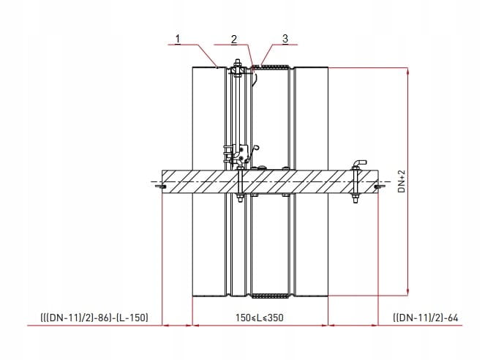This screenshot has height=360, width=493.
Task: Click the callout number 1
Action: coord(178,40)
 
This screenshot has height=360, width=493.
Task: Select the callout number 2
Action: coord(233,40)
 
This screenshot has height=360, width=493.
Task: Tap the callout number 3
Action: coord(285,39)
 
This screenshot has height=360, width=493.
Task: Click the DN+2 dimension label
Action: coord(402,181)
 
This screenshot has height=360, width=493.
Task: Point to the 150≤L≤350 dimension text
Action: coord(260,318)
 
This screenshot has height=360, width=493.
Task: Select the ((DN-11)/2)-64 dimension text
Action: coord(426,318)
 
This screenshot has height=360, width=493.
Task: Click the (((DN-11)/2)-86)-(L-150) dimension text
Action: coord(94,318)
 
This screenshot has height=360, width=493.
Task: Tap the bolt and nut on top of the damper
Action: coord(237,69)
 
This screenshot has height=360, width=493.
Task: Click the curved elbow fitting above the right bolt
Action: coord(359,163)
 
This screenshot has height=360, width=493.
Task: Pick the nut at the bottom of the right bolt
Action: coord(355,199)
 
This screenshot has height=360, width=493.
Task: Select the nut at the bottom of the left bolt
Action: coord(240,198)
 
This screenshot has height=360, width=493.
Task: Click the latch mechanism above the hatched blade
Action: coord(240,154)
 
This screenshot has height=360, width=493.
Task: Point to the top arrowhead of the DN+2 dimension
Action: coord(408,72)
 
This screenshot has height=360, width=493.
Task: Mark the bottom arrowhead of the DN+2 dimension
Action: coord(408,291)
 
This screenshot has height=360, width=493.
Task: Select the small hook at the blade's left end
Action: coord(161,187)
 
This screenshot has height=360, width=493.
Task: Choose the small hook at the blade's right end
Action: coord(380,187)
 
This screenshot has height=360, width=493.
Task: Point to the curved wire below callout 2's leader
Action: coord(255,78)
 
